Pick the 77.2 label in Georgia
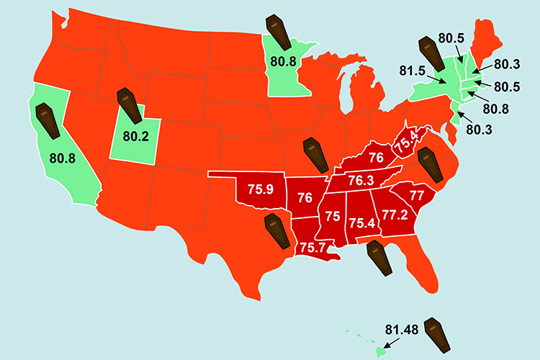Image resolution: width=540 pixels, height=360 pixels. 394,215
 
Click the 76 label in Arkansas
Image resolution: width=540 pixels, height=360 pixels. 305,197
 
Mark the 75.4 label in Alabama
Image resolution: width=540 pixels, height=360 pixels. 361,223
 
